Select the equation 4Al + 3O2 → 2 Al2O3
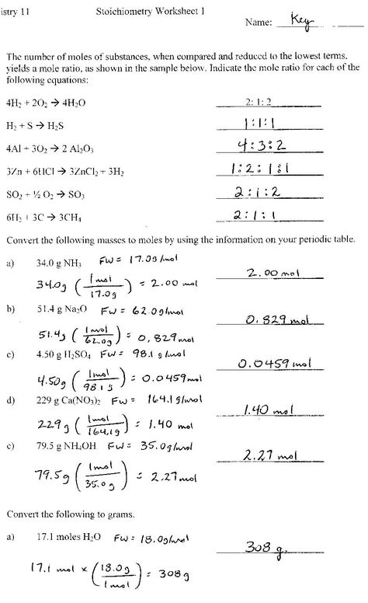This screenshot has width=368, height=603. tap(50, 146)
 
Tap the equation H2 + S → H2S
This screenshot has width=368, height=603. tap(36, 124)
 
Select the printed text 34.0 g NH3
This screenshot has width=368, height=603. tap(60, 263)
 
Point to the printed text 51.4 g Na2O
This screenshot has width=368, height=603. tap(61, 310)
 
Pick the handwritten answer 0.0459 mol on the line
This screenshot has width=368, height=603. tap(273, 364)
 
